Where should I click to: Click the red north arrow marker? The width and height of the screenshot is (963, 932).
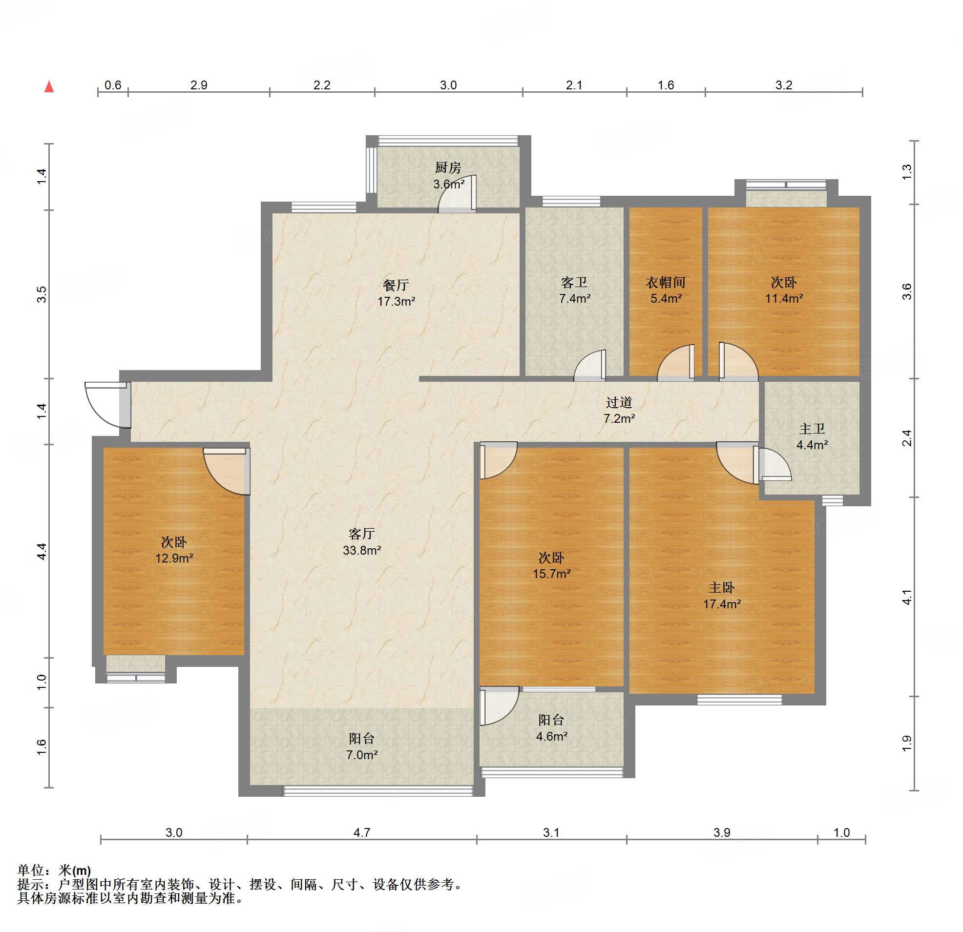(x=49, y=87)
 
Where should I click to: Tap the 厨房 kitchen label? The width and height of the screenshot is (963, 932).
(x=448, y=168)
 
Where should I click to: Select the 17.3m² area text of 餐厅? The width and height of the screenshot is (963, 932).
(x=397, y=302)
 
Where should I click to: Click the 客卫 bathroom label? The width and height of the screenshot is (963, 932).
(x=574, y=283)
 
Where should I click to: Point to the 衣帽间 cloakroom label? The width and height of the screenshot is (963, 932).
(x=666, y=283)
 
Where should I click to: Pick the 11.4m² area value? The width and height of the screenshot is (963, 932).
(x=784, y=298)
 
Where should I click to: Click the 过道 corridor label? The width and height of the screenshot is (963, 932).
(x=619, y=403)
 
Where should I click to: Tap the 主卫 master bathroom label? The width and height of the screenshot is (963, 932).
(x=812, y=429)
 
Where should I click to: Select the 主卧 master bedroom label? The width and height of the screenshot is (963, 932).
(x=722, y=588)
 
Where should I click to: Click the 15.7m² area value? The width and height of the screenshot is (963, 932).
(x=552, y=573)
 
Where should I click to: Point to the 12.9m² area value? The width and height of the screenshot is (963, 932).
(x=174, y=558)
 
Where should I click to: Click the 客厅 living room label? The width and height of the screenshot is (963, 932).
(x=362, y=534)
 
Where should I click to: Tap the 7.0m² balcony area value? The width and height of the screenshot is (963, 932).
(x=362, y=755)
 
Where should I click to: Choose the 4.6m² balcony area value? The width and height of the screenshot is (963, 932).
(x=552, y=736)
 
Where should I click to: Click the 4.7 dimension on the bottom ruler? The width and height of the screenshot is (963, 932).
(x=362, y=832)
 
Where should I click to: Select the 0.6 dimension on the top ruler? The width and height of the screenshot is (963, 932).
(x=113, y=85)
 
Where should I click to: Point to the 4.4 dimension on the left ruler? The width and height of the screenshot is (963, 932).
(x=42, y=551)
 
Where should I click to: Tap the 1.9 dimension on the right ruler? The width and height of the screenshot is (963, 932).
(x=907, y=743)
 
